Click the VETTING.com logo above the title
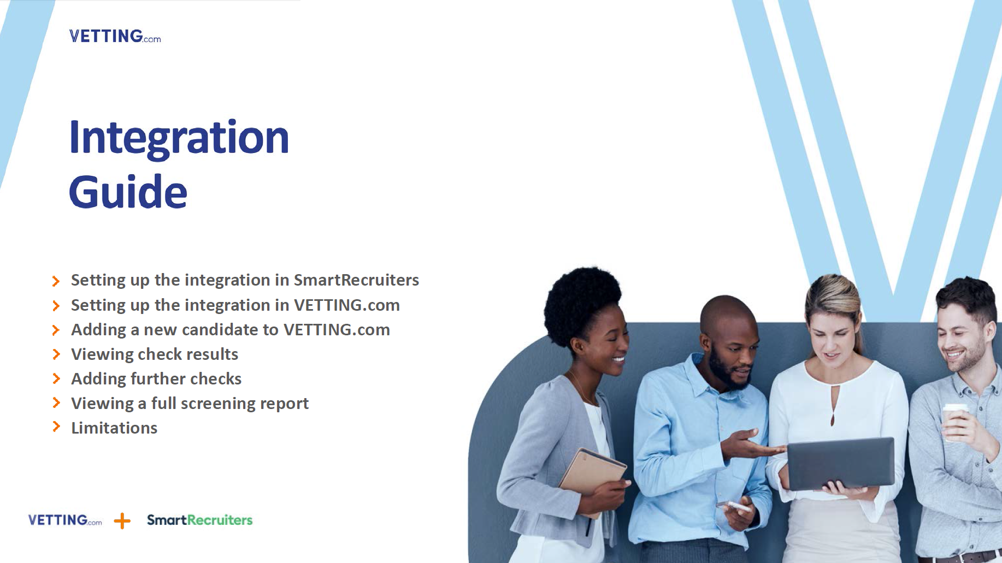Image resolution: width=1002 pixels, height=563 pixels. (115, 36)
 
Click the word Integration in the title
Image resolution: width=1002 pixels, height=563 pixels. (179, 138)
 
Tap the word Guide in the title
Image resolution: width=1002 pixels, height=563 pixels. (128, 192)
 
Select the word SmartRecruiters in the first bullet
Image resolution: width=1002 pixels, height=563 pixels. (356, 280)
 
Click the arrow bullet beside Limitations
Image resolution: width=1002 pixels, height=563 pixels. (56, 427)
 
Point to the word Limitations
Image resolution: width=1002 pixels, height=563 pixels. (114, 428)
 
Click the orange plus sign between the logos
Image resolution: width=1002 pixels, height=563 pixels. (122, 521)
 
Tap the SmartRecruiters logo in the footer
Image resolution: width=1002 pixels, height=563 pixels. (199, 520)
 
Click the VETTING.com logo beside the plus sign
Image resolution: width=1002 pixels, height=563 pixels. (64, 520)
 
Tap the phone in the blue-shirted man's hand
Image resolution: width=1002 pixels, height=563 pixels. (738, 506)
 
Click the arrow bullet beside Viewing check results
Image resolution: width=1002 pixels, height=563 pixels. (56, 354)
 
